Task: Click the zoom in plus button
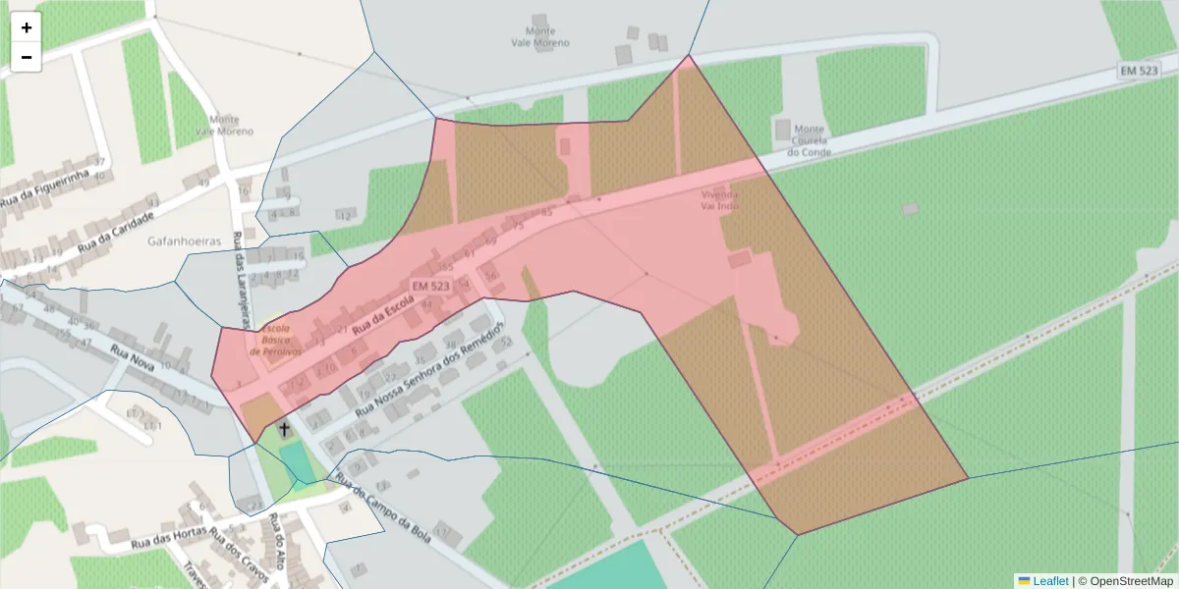tap(27, 27)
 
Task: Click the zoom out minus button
tap(27, 57)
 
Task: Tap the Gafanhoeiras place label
tap(183, 241)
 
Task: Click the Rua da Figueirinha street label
tap(45, 188)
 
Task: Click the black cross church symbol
tap(285, 429)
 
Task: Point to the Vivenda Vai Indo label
tap(719, 200)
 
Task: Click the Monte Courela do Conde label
tap(810, 140)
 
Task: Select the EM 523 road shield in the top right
tap(1139, 70)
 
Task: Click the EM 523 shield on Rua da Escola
tap(431, 286)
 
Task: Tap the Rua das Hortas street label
tap(168, 538)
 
